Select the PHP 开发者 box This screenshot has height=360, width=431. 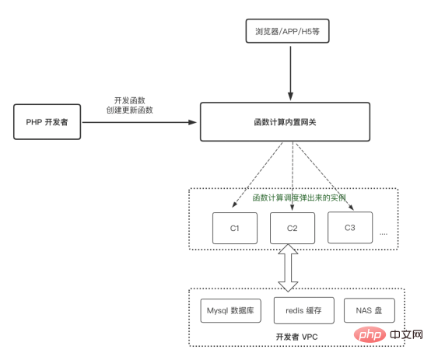[x=46, y=123]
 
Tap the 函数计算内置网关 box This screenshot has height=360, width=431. [x=292, y=123]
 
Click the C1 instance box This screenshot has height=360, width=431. [x=234, y=228]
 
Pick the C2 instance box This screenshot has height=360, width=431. [x=292, y=228]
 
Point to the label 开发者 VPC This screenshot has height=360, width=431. [x=296, y=337]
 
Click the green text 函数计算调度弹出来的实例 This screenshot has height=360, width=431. [x=293, y=197]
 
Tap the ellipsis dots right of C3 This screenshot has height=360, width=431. [x=383, y=232]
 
